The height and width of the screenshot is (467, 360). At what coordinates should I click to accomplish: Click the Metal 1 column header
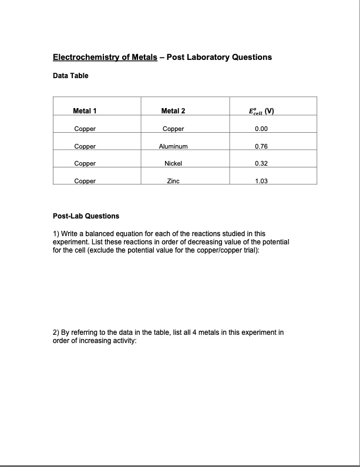click(85, 110)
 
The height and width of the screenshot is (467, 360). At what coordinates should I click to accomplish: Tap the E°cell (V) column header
click(262, 110)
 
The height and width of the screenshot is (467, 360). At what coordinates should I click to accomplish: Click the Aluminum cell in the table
click(173, 146)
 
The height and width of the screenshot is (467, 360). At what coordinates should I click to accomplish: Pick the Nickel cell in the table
click(173, 164)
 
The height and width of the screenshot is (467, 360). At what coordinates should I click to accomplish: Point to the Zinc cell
click(173, 182)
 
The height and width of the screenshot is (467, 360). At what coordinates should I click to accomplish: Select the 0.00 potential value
click(262, 129)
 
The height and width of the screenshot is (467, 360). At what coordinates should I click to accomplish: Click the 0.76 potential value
click(262, 146)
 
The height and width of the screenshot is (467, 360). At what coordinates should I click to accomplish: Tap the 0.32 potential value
click(262, 164)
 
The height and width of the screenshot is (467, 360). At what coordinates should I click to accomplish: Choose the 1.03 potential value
click(262, 182)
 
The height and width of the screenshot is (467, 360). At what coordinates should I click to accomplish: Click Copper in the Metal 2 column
click(173, 129)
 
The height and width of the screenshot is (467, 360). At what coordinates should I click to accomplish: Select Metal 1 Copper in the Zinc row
click(85, 182)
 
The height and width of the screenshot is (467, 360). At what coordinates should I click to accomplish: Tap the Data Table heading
click(70, 76)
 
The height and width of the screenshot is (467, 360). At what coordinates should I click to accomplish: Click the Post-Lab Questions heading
click(86, 216)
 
